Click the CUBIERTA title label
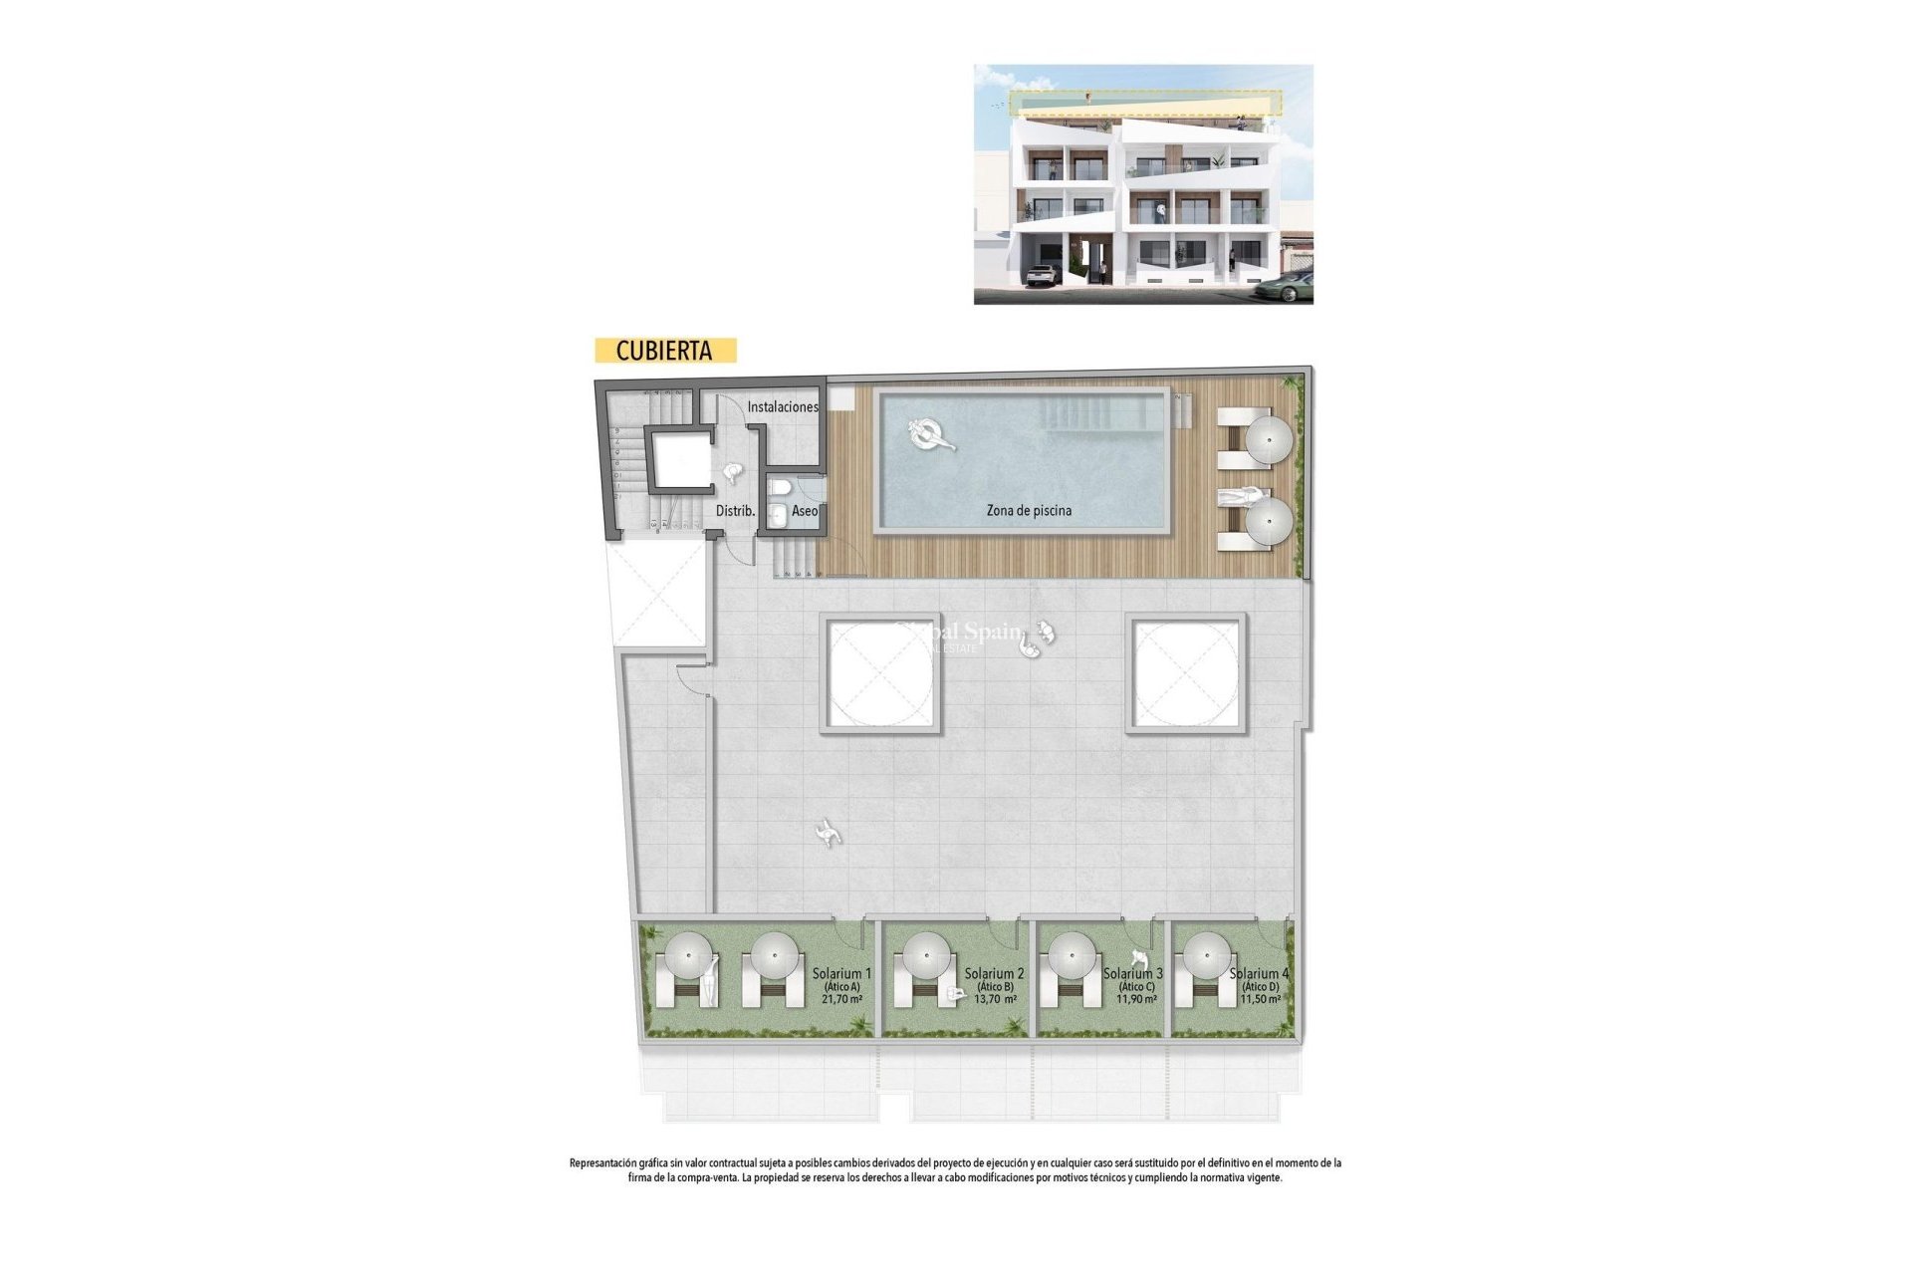click(664, 351)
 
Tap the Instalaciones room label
click(783, 406)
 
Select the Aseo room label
click(805, 511)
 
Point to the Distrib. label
click(735, 511)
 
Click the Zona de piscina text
click(1029, 510)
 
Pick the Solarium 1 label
click(841, 973)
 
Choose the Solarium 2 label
click(994, 973)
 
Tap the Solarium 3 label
click(1133, 973)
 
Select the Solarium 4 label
click(1259, 973)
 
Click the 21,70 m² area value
click(841, 998)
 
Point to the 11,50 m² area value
click(1260, 998)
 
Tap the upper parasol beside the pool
click(1270, 438)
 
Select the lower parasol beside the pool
click(1270, 520)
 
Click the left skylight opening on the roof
click(880, 673)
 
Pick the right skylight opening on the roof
click(1186, 673)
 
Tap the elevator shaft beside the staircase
click(681, 459)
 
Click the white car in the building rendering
click(1043, 274)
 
